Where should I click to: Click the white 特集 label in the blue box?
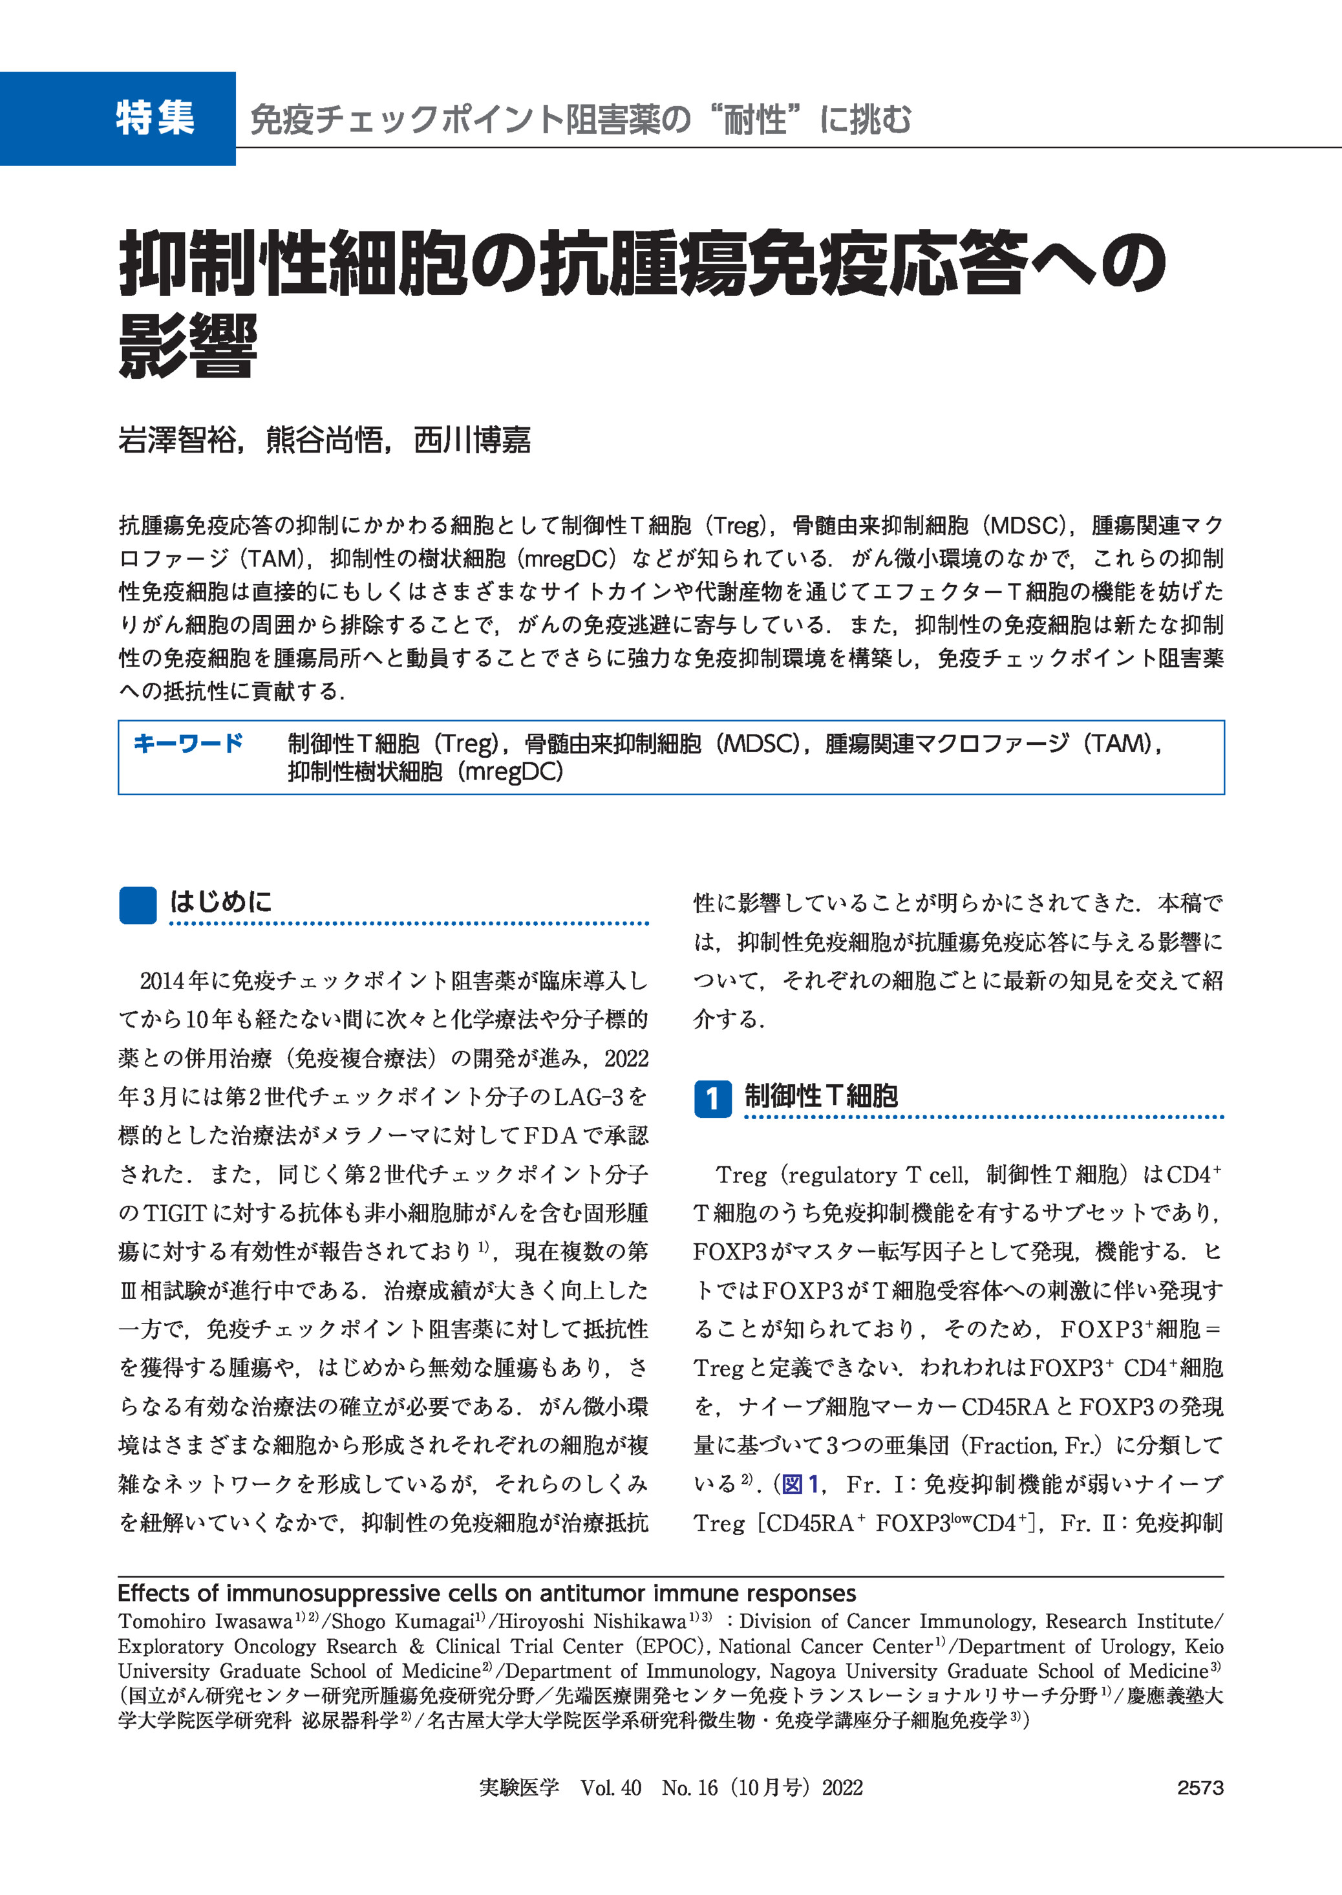tap(154, 118)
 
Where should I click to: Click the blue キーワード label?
tap(187, 743)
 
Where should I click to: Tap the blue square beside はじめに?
tap(138, 904)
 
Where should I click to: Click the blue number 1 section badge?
tap(712, 1098)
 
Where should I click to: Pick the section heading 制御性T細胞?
tap(820, 1096)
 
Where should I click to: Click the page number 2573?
tap(1200, 1788)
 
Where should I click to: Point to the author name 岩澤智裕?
tap(177, 440)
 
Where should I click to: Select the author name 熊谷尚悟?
tap(325, 440)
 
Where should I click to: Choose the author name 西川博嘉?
tap(472, 440)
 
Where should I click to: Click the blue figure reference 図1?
tap(800, 1484)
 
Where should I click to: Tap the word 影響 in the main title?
tap(188, 347)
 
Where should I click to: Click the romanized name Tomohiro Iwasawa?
tap(205, 1622)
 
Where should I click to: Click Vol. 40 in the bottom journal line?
tap(611, 1788)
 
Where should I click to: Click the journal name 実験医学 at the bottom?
tap(519, 1788)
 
